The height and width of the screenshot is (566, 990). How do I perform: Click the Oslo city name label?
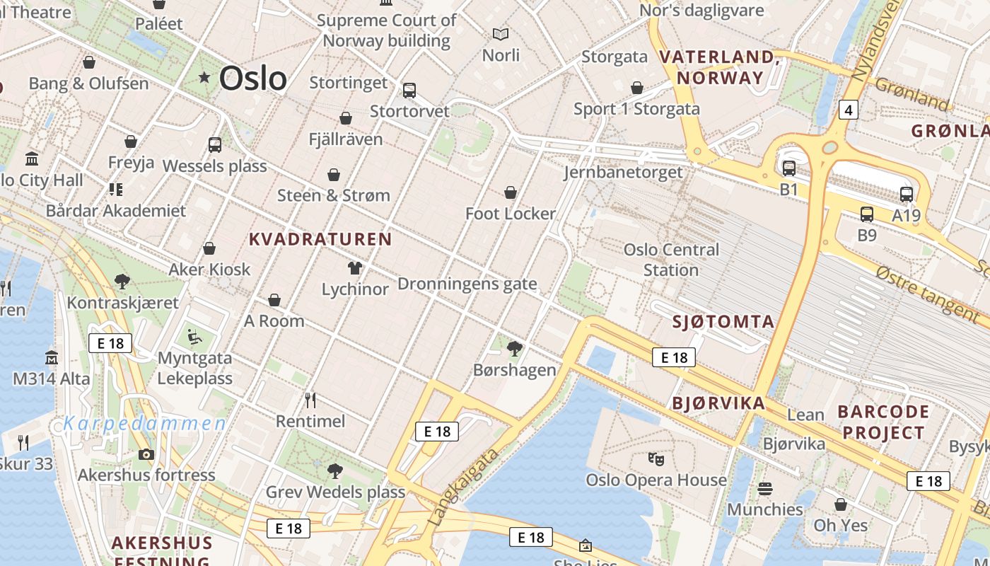click(x=252, y=78)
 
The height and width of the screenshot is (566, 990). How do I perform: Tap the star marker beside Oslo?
click(x=204, y=77)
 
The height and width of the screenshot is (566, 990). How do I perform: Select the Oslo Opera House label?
click(x=656, y=480)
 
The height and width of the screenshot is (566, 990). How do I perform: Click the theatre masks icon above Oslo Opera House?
click(x=656, y=459)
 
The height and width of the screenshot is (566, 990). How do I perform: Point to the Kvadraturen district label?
click(x=320, y=239)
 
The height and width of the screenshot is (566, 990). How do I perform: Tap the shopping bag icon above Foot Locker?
click(x=511, y=192)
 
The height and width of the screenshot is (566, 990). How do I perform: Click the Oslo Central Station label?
click(x=670, y=260)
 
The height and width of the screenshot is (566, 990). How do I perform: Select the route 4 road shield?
click(x=849, y=110)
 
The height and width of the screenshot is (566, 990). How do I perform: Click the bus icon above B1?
click(x=788, y=168)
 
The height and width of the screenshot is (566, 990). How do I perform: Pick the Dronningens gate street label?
click(x=467, y=284)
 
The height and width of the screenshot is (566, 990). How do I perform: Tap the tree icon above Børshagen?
click(x=515, y=348)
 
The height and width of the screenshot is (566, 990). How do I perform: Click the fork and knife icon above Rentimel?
click(x=310, y=400)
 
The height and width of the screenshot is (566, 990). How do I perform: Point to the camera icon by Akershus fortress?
click(x=146, y=454)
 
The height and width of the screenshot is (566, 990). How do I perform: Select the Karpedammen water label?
click(x=145, y=424)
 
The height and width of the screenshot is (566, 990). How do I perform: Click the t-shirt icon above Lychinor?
click(x=355, y=268)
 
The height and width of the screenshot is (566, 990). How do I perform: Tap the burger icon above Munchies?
click(x=764, y=489)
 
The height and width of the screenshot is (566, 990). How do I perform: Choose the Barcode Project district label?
click(x=883, y=422)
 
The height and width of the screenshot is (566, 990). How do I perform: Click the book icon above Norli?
click(x=501, y=34)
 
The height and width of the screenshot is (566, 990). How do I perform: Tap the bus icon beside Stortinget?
click(x=409, y=91)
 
